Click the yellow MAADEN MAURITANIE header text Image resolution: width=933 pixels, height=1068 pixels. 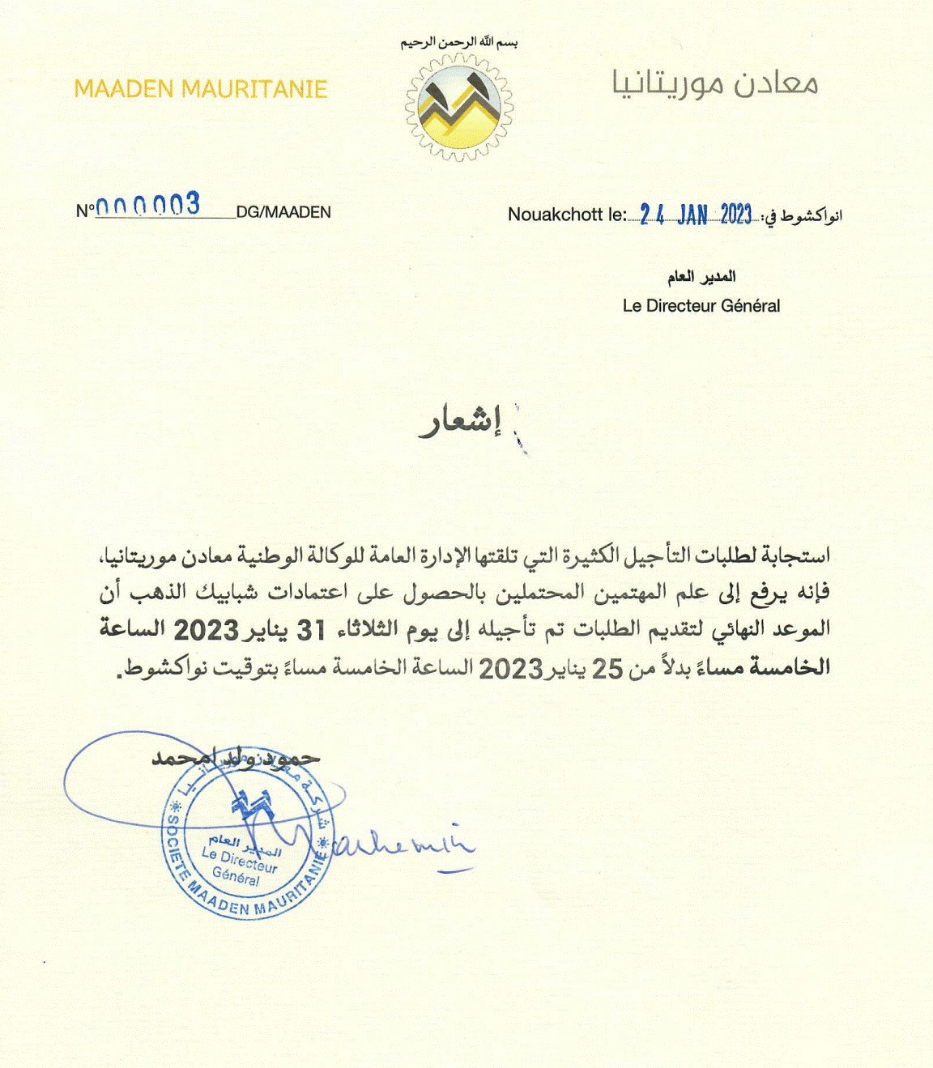(200, 89)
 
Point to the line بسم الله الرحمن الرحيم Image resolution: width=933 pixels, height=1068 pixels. (458, 42)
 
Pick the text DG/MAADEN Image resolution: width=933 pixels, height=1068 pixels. (283, 213)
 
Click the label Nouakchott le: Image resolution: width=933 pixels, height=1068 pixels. (566, 215)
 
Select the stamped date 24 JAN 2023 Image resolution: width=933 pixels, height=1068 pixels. (696, 214)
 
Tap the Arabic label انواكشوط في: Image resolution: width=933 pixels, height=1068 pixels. (801, 216)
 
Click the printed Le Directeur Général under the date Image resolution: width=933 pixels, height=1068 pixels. (701, 306)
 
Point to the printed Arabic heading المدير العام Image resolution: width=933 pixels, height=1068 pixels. (701, 278)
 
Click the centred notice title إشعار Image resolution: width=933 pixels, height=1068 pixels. (460, 423)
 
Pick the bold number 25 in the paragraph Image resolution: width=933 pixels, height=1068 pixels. (608, 669)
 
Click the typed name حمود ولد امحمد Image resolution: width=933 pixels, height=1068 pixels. (236, 758)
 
